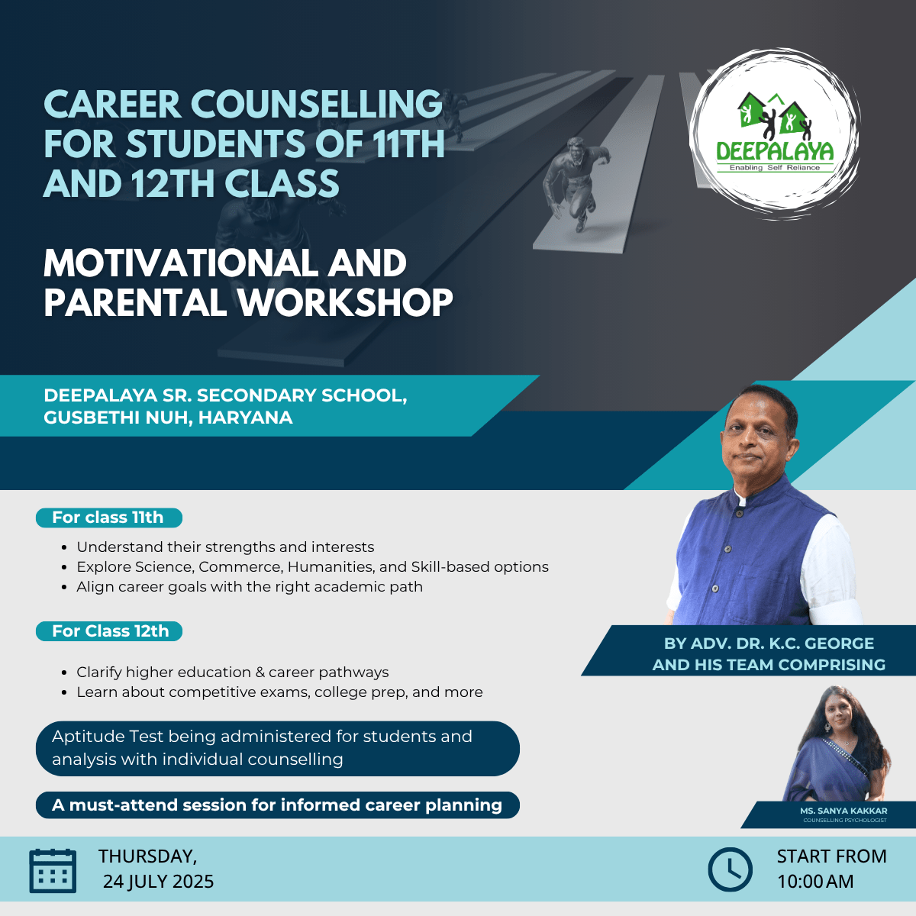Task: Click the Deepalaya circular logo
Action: point(774,134)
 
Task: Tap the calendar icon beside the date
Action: point(53,871)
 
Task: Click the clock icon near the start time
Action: point(731,869)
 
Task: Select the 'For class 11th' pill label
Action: point(109,518)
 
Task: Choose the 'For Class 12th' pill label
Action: point(109,631)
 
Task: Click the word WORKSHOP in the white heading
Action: point(345,303)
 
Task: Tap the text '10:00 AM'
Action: point(815,882)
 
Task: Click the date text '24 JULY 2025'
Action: point(158,882)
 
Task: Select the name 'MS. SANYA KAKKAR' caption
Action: point(843,811)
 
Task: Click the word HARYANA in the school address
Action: point(245,418)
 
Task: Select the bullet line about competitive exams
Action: point(279,692)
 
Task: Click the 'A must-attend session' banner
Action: point(278,805)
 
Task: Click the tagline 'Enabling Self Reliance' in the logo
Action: point(775,167)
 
